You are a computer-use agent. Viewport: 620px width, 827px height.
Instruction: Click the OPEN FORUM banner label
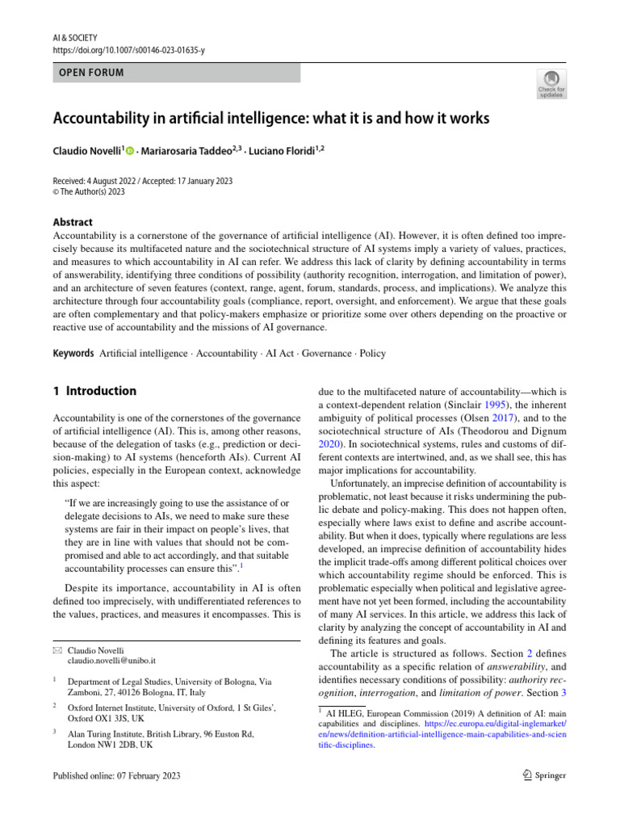(91, 73)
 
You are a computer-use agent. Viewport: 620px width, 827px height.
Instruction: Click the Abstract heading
(73, 222)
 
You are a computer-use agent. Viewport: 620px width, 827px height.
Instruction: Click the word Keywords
(73, 354)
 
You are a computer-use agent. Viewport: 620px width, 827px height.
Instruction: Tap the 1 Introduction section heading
(94, 391)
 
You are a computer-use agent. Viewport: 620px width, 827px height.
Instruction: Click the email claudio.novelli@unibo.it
(111, 661)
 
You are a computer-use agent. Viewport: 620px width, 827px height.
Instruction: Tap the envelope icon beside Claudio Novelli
(57, 650)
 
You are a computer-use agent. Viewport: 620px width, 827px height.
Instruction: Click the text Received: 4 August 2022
(101, 181)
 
